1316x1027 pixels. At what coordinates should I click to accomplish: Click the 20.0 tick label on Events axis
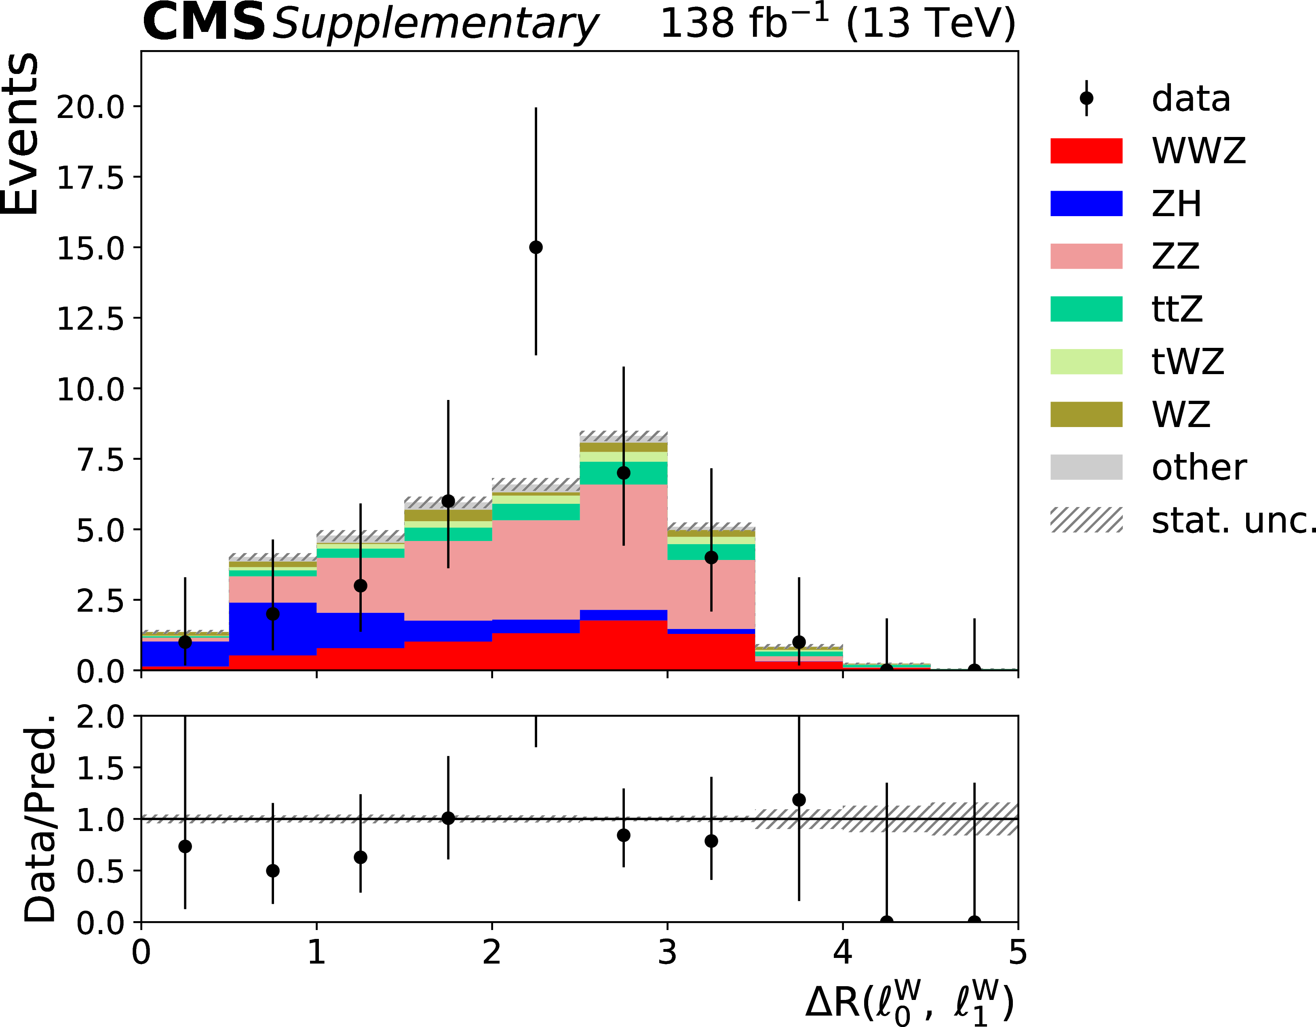tap(91, 107)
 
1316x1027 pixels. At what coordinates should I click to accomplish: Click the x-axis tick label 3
tap(667, 952)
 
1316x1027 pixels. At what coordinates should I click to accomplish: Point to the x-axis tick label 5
tap(1017, 952)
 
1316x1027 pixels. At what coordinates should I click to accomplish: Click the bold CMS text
tap(204, 23)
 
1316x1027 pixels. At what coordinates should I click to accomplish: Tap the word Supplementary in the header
tap(435, 24)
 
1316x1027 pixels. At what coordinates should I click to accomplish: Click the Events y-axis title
tap(21, 134)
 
